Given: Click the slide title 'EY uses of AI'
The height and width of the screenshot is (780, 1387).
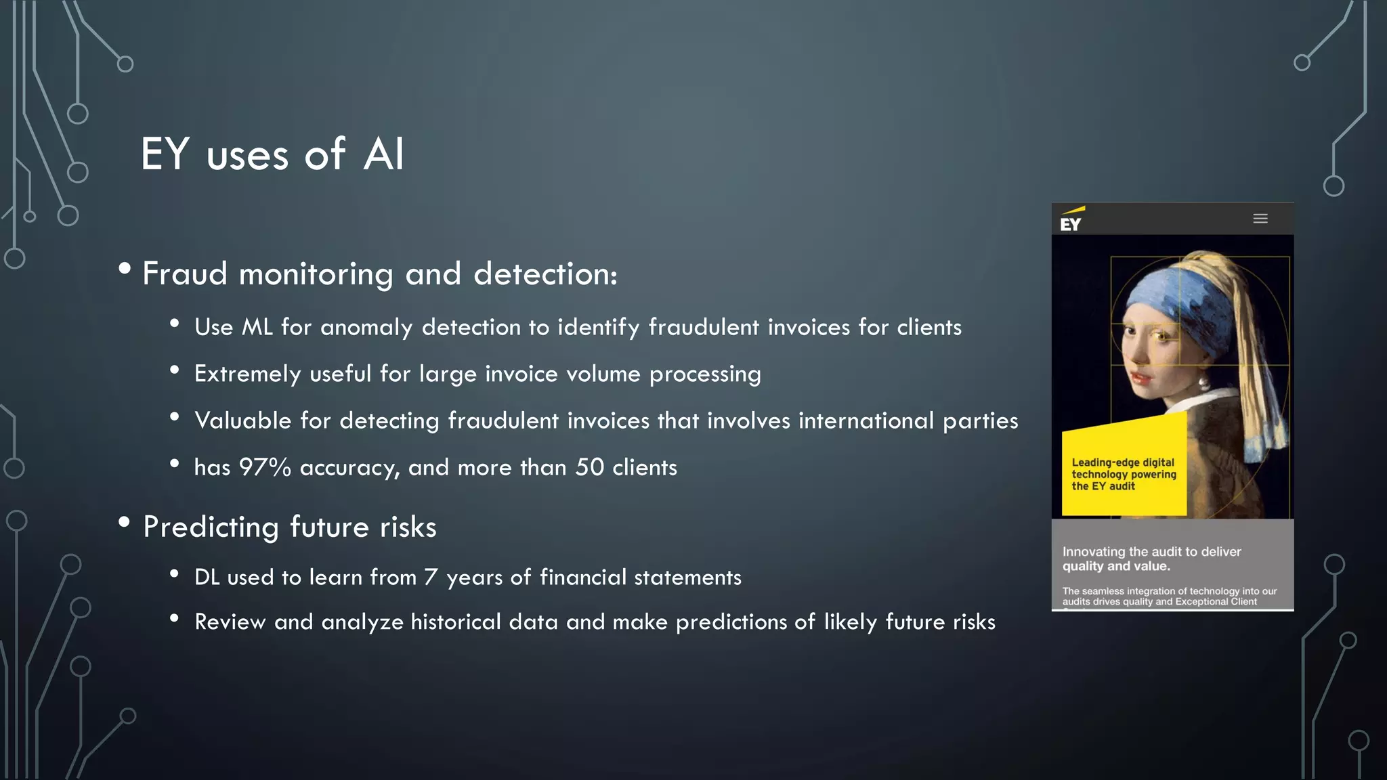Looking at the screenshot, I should [x=272, y=154].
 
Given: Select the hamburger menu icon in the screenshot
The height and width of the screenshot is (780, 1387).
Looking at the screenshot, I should [x=1260, y=219].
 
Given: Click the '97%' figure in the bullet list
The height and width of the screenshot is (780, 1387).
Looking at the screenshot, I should [x=265, y=467].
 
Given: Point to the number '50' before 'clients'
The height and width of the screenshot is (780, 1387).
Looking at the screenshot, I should [x=589, y=467].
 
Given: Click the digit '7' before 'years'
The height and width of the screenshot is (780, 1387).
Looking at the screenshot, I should [x=431, y=577].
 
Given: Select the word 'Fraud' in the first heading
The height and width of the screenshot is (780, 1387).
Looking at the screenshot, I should [x=184, y=274].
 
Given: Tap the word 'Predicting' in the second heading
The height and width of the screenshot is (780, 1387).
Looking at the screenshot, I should [x=211, y=527].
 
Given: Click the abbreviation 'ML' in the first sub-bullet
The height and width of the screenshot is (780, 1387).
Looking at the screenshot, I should [x=257, y=327].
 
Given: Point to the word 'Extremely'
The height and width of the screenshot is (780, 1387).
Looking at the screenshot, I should [x=247, y=374].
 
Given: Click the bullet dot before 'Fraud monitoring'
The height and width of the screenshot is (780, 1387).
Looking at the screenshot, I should [x=125, y=269].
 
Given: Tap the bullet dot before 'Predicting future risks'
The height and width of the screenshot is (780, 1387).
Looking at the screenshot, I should [x=124, y=522].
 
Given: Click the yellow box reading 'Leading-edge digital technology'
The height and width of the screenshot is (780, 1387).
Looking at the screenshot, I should [x=1124, y=473].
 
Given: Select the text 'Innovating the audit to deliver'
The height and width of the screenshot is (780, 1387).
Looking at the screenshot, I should [x=1151, y=552].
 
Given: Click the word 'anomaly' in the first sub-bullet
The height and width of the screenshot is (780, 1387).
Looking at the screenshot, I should [x=366, y=328].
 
